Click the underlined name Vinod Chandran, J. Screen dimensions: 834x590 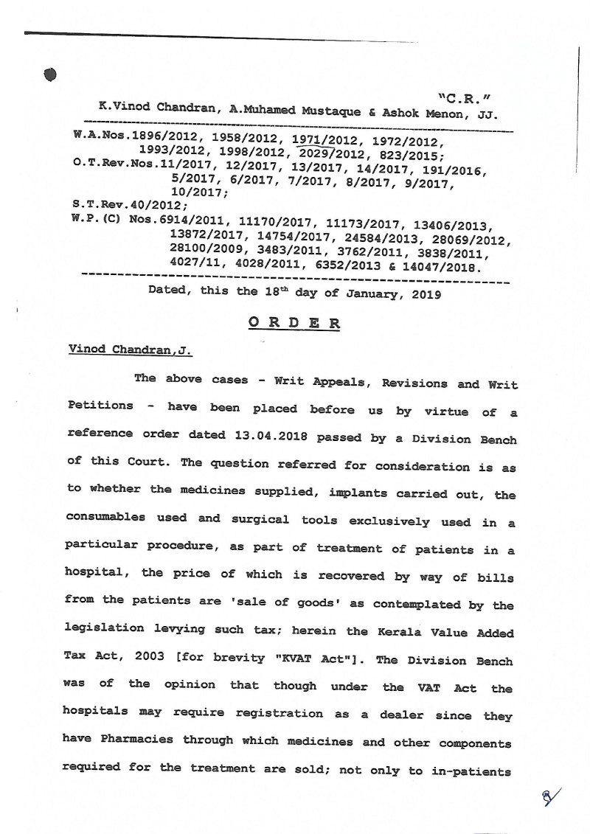130,350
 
